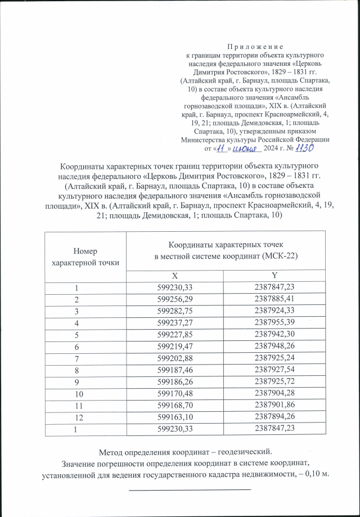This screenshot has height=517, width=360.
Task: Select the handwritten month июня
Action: (247, 148)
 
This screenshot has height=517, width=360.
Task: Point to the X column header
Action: (175, 276)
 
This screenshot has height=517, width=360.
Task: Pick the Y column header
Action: (274, 276)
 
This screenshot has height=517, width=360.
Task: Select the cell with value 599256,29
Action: (175, 297)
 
